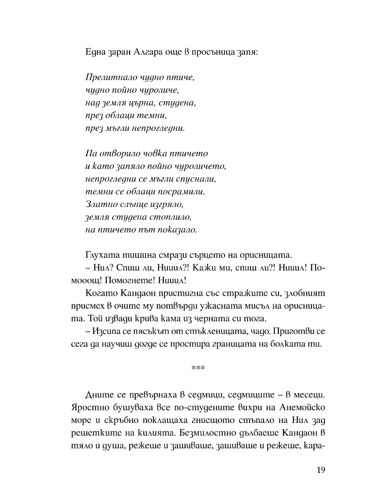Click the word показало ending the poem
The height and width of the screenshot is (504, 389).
[176, 230]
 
